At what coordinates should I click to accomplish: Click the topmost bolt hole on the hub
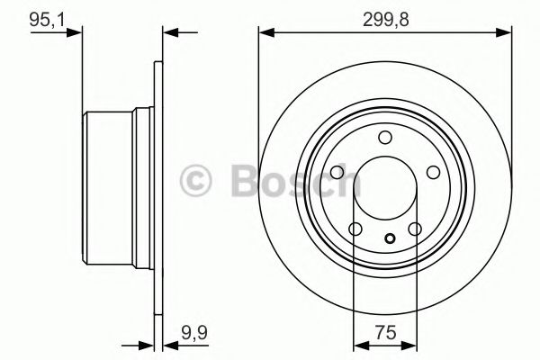(x=384, y=137)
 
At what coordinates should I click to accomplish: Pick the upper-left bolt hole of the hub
(x=338, y=172)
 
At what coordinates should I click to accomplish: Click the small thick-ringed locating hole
(x=389, y=238)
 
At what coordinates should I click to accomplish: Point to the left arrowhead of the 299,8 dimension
(x=265, y=33)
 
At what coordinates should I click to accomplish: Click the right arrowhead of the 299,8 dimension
(x=505, y=33)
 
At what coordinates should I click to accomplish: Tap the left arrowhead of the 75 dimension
(x=358, y=344)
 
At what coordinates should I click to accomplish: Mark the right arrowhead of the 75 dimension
(x=411, y=344)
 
